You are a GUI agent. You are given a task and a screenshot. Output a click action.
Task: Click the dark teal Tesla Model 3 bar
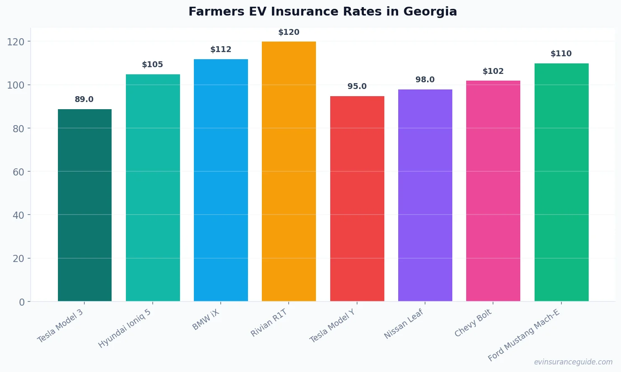coord(84,205)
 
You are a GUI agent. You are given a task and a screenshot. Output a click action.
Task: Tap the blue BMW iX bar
coord(221,180)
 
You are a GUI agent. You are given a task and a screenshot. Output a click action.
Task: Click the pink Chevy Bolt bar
coord(493,191)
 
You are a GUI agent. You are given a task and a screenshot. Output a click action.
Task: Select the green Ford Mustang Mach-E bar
coord(561,182)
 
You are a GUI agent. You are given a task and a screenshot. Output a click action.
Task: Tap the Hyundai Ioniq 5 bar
coord(153,188)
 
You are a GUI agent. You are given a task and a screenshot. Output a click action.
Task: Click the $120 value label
coord(289,32)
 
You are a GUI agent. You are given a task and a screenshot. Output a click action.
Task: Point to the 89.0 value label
coord(84,100)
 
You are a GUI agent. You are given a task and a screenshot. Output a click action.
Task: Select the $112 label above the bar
coord(221,50)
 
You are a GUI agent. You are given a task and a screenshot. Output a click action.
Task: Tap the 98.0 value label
coord(425,80)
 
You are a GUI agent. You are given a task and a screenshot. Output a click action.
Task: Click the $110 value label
coord(561,54)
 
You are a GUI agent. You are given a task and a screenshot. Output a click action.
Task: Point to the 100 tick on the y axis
coord(16,85)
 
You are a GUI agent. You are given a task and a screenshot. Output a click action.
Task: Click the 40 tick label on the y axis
coord(18,215)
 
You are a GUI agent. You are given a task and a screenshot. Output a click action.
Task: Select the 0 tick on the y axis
coord(22,302)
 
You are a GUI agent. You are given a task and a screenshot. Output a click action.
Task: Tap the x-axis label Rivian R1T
coord(269,322)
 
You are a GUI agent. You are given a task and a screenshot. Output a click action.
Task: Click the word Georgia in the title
coord(430,12)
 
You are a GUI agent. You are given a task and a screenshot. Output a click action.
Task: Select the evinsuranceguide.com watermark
coord(573,362)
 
